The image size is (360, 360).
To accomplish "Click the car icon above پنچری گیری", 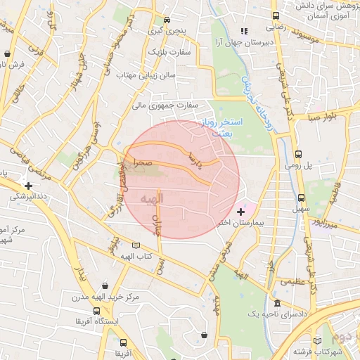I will coord(167,20).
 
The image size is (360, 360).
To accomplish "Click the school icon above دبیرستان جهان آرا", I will coord(244,31).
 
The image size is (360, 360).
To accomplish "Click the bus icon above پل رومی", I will coord(298,154).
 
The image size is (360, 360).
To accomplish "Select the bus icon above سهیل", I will coord(301,198).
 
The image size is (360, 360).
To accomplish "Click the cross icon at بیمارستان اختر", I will coord(241,211).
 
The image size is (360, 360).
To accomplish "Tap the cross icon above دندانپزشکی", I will coord(27,186).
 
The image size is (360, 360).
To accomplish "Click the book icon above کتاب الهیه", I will coord(136,245).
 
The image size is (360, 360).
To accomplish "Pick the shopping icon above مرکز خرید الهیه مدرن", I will coord(105,285).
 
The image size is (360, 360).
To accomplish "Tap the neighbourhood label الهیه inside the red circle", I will coord(152,198).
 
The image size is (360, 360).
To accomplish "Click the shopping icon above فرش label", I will coord(7,53).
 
